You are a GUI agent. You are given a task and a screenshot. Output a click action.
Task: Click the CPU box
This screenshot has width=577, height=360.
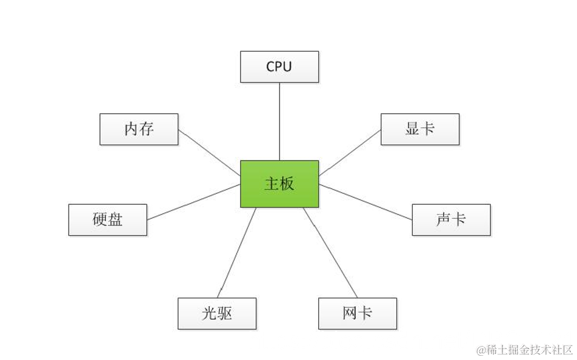coord(279,67)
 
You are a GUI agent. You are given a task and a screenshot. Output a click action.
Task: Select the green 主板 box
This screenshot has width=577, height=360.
coord(279,184)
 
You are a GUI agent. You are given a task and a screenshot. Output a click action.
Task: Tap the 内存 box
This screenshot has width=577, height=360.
coord(139,129)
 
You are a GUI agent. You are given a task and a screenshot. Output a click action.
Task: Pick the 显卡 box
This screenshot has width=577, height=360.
coord(420,129)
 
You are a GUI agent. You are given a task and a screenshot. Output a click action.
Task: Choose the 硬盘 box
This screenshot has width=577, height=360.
coord(108,219)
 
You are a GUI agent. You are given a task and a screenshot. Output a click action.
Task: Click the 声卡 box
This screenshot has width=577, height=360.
coord(451,219)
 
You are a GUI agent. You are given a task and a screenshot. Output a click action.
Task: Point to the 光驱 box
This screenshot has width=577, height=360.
coord(217,313)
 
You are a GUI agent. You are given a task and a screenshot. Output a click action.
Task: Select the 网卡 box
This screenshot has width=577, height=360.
coord(358,313)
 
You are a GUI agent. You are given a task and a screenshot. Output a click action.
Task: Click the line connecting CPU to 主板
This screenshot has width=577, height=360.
coord(279,121)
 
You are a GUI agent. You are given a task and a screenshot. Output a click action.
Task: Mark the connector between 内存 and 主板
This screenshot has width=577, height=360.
coord(210,153)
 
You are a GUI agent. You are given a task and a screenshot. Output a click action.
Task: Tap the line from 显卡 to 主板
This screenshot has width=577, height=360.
coord(350,152)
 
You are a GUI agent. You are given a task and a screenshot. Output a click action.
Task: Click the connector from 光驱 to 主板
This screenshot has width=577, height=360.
coord(237,253)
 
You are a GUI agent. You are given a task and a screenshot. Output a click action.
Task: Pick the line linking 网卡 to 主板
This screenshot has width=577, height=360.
coord(330,253)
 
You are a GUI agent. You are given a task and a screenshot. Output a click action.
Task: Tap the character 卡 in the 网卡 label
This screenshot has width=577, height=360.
coord(365,313)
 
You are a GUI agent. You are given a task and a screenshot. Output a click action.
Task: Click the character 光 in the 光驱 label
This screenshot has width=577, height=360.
coord(209,313)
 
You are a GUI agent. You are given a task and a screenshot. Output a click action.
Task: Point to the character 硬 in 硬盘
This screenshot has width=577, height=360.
coord(100,219)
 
